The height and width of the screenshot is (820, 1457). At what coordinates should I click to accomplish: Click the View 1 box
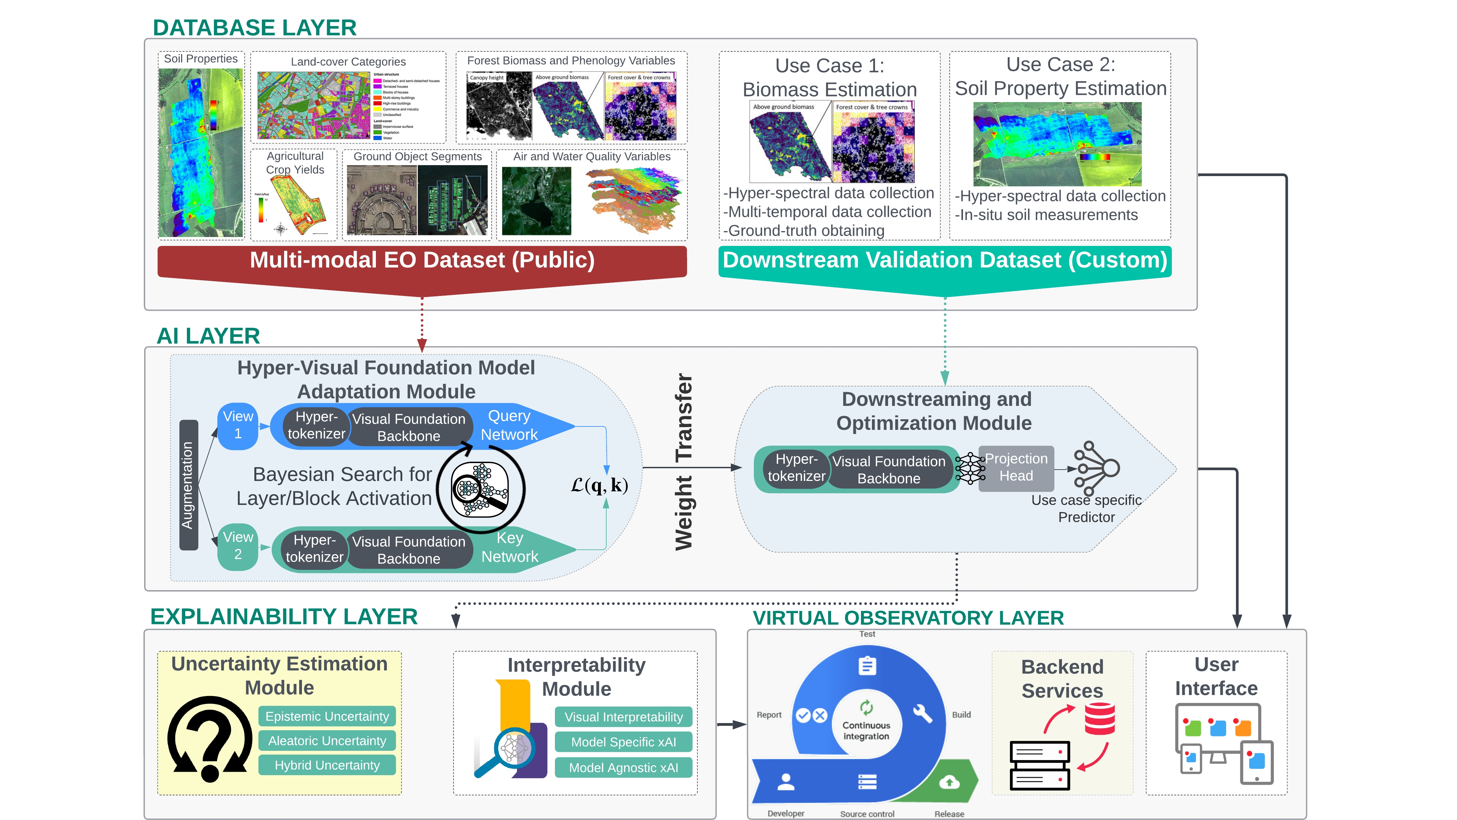click(238, 425)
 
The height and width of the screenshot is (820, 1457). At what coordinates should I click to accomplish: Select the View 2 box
click(238, 546)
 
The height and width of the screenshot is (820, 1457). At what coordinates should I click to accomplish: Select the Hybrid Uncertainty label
click(327, 765)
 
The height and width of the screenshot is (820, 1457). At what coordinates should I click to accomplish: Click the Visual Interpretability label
click(623, 717)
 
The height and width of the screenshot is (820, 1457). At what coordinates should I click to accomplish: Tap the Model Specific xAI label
click(623, 742)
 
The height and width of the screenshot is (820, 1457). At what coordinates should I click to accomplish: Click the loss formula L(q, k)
click(599, 485)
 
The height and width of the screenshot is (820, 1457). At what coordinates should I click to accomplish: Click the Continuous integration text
click(866, 731)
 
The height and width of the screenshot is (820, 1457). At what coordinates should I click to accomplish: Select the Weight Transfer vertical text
click(684, 461)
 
